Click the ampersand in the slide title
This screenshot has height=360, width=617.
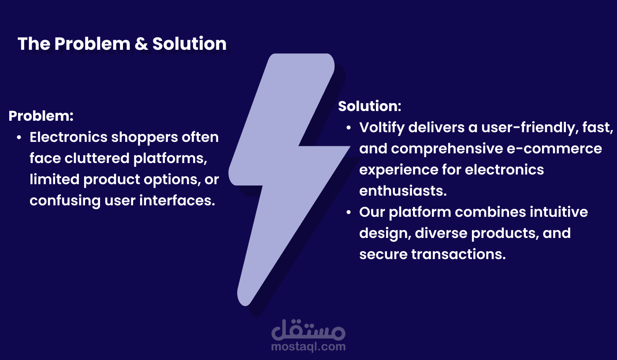[141, 44]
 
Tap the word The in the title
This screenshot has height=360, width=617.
[34, 44]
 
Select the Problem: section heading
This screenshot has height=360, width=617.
[41, 116]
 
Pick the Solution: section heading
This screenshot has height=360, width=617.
[370, 106]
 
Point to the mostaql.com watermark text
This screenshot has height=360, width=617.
[308, 347]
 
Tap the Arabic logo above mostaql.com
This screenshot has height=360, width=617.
[308, 330]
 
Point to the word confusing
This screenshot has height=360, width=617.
[65, 201]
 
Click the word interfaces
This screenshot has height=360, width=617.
[177, 200]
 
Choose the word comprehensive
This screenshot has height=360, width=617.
[447, 149]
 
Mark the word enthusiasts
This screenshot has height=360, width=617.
[403, 191]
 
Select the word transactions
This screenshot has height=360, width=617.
[459, 254]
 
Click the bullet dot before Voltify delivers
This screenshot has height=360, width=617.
[349, 128]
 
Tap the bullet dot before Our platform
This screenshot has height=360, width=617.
[349, 212]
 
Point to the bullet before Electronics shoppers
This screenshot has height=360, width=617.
[19, 137]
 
